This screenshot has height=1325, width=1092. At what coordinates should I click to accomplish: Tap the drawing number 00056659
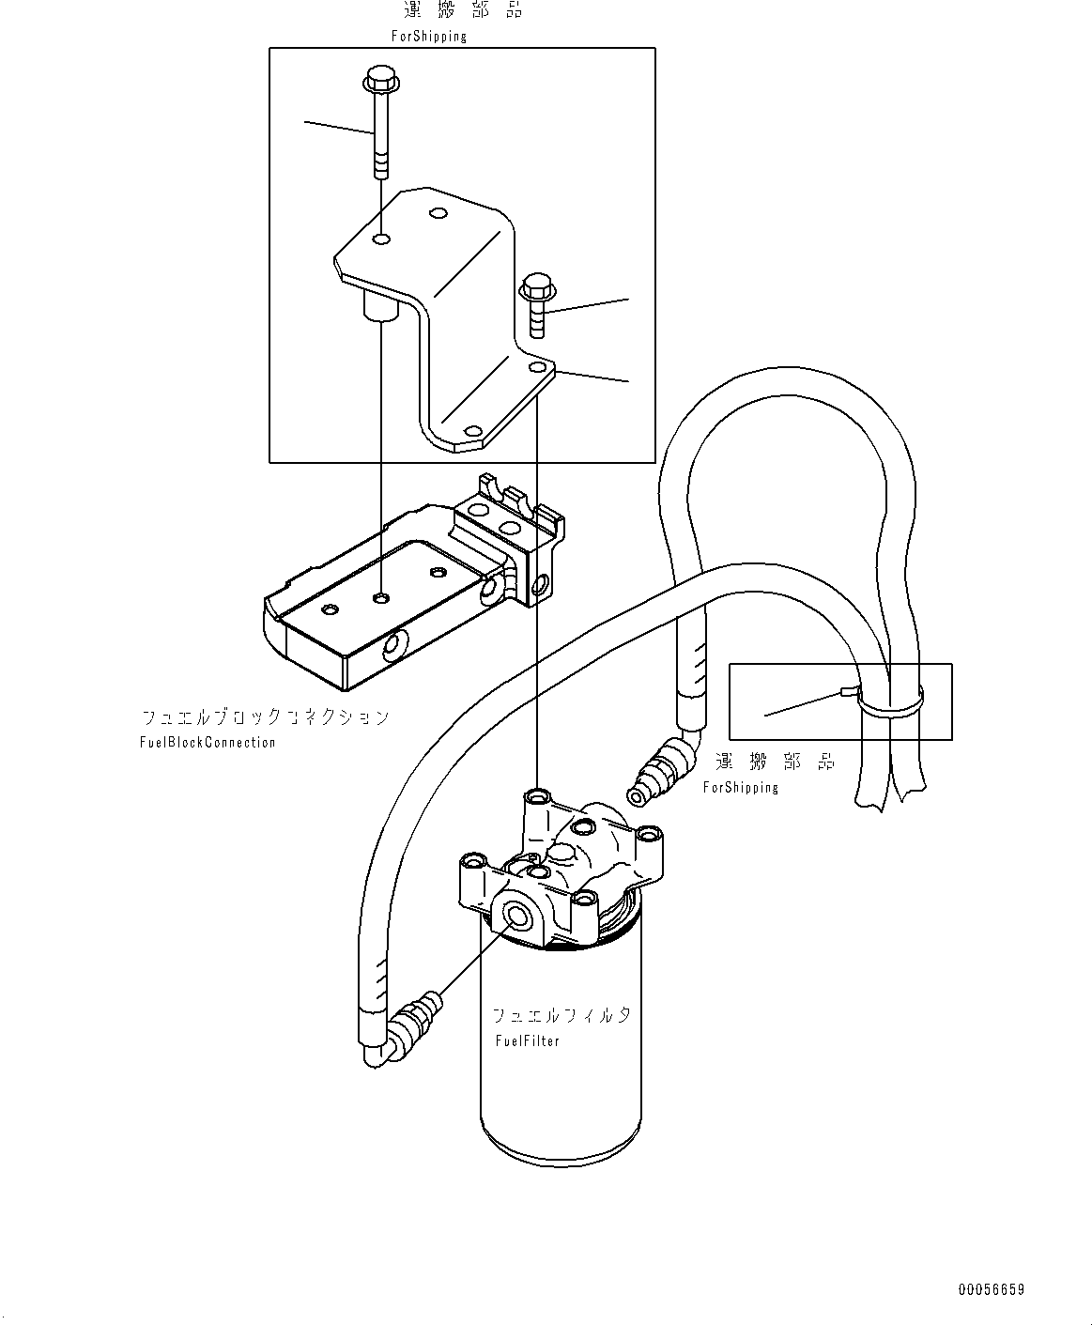991,1289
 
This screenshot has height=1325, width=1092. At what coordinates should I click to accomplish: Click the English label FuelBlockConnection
209,742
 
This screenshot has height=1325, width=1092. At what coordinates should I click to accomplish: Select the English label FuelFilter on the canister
527,1041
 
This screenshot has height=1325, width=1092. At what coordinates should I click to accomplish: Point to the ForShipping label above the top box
428,37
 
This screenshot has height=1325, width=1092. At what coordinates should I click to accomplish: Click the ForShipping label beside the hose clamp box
741,787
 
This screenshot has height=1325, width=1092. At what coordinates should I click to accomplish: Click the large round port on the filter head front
516,916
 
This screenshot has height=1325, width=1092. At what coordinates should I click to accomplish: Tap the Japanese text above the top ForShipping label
462,11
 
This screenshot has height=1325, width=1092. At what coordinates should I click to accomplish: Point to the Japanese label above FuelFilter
561,1015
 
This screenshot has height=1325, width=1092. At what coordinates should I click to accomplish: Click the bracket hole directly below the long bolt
381,240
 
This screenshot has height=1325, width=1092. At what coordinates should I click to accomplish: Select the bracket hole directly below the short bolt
537,367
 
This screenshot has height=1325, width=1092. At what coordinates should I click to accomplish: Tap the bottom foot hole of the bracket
472,432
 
